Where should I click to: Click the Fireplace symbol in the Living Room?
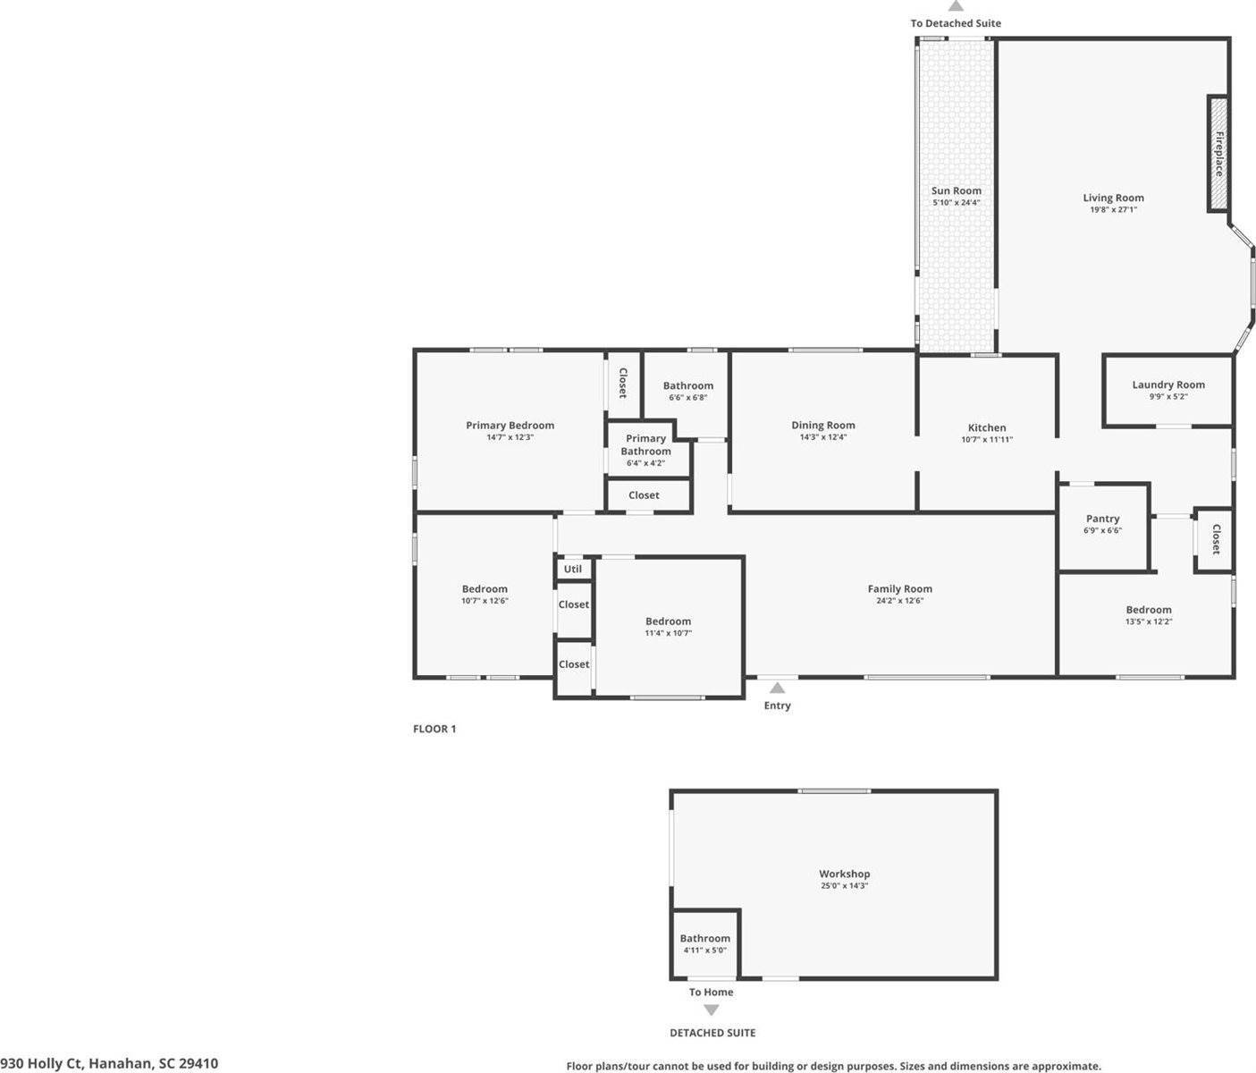(1218, 153)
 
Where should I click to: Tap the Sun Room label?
(956, 190)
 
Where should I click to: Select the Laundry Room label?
(1167, 384)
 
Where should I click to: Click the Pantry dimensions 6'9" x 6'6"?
(1102, 530)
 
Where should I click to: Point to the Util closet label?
(573, 569)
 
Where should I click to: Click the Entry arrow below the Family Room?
(777, 688)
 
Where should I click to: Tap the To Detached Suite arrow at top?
(956, 6)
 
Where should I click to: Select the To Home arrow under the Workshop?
(711, 1010)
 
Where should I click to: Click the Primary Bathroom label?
(645, 444)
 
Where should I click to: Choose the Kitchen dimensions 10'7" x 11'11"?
(987, 440)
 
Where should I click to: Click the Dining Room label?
(822, 426)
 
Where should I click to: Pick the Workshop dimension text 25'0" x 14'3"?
(844, 886)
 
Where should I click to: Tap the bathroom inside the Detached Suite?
(704, 942)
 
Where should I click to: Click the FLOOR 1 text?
(434, 729)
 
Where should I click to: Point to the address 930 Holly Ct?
(109, 1063)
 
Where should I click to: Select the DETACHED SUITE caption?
(712, 1033)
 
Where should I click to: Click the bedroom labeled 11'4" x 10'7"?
(668, 626)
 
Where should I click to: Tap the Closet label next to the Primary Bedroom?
(623, 383)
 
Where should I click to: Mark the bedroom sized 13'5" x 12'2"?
(1148, 614)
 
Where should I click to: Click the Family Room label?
(899, 588)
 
